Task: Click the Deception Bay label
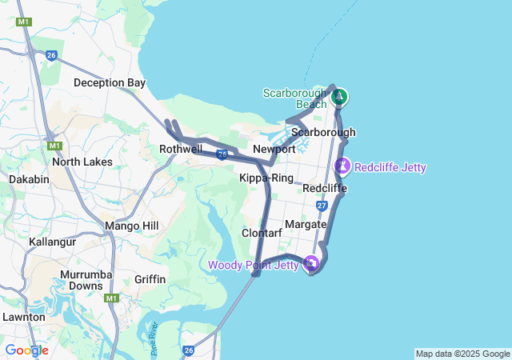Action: coord(110,82)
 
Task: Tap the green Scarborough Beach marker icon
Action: coord(339,97)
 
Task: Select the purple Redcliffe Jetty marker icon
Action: coord(343,166)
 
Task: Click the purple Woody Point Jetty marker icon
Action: coord(312,263)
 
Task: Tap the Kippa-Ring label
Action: coord(266,178)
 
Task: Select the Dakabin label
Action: coord(30,179)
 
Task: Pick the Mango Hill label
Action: coord(131,226)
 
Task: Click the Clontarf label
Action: coord(262,233)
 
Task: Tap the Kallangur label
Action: coord(52,241)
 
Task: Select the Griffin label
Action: coord(150,279)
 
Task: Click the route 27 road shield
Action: coord(322,206)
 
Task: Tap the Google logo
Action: coord(26,350)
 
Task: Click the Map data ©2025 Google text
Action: coord(462,354)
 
